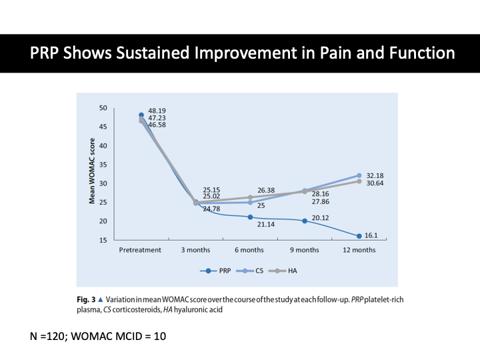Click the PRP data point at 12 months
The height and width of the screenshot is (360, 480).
[x=359, y=236]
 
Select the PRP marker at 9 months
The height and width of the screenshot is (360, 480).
[x=305, y=221]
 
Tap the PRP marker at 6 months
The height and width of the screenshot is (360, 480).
[x=250, y=217]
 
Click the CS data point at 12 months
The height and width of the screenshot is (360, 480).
[x=359, y=175]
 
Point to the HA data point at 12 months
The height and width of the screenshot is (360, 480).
[x=359, y=181]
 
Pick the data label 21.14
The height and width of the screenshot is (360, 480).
[x=265, y=225]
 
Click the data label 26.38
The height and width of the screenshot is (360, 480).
[x=266, y=190]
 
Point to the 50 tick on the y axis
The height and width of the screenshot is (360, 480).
[x=103, y=108]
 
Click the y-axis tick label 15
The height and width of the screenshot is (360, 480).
[x=103, y=239]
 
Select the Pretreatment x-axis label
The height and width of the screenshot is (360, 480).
[x=140, y=250]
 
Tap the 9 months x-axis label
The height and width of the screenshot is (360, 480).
[x=304, y=250]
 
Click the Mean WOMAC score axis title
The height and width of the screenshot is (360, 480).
[x=94, y=171]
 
